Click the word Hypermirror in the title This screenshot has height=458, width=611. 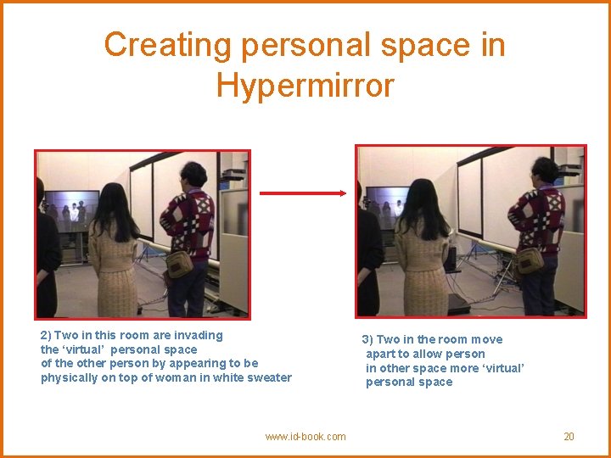coord(305,86)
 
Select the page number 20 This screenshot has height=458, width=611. coord(569,437)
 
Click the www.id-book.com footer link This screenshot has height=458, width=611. coord(305,437)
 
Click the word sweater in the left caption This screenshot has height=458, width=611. coord(269,377)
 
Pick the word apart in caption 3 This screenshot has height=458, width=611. coord(380,354)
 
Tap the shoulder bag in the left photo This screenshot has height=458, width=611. coord(179,264)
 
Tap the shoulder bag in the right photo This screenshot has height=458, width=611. coord(530,259)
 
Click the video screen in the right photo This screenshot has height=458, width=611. coord(385,205)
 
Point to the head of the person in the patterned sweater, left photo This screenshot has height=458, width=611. coord(194,176)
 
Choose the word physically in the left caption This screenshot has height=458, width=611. coord(66,377)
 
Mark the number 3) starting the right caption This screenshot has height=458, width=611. coord(367,339)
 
